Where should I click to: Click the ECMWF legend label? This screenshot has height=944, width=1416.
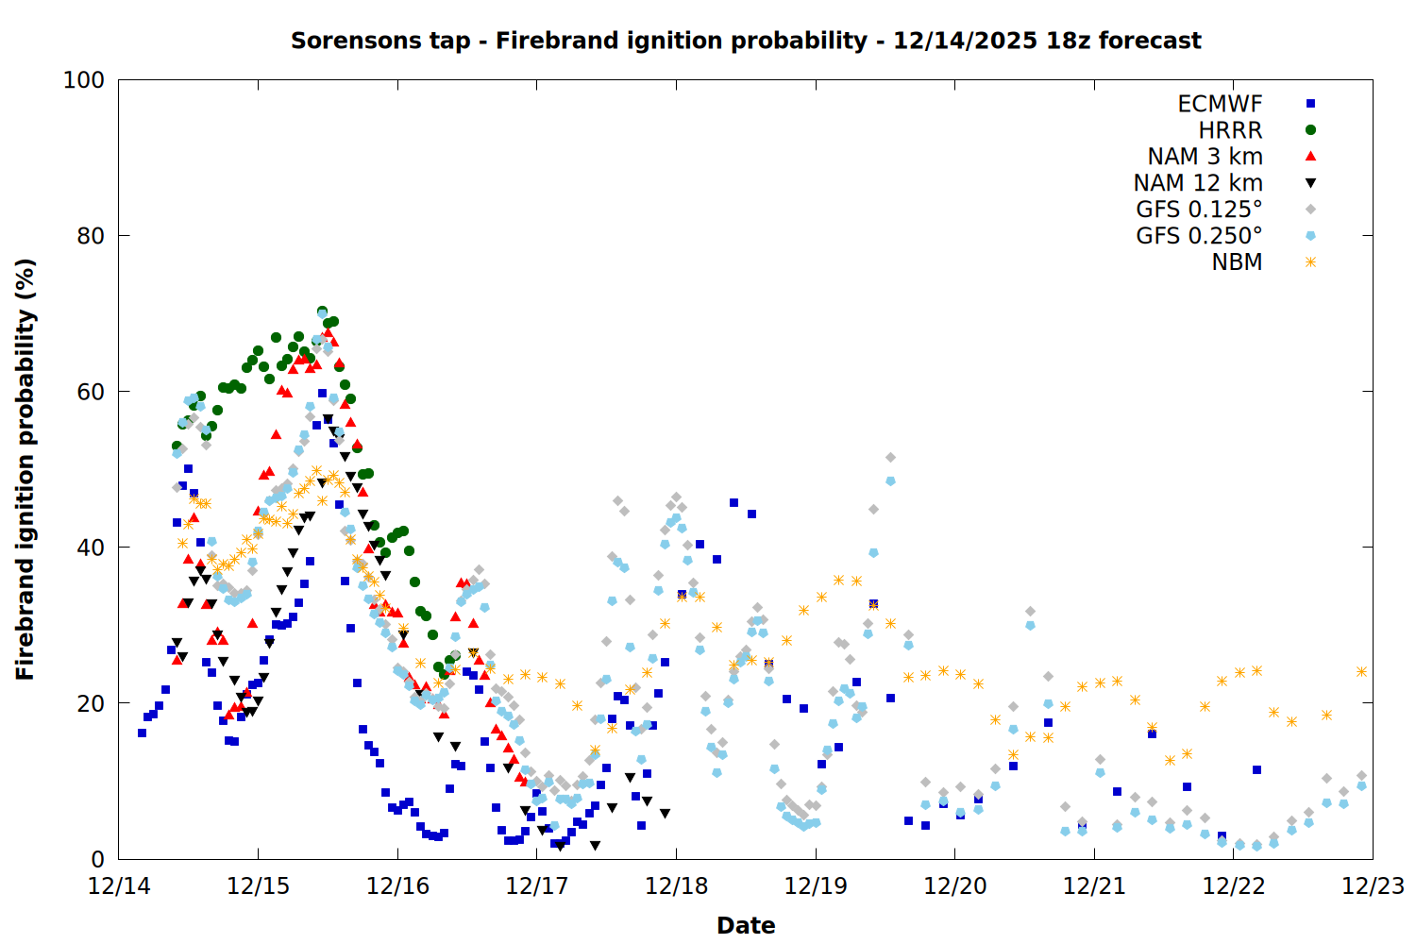click(1220, 104)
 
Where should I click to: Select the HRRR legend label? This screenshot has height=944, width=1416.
click(1230, 130)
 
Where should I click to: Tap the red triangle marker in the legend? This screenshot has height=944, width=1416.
click(1310, 156)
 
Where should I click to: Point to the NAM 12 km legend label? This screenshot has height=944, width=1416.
click(1198, 183)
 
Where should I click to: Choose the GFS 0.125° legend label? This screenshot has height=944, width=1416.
click(1199, 210)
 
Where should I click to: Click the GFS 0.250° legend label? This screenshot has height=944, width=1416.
click(1199, 236)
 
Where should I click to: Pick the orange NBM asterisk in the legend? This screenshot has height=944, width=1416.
click(1310, 262)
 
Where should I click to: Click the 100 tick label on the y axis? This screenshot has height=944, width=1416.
click(84, 80)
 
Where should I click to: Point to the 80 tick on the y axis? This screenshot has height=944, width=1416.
click(91, 236)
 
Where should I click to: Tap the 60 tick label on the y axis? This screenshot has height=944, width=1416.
click(91, 392)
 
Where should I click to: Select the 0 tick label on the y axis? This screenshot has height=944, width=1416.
click(97, 859)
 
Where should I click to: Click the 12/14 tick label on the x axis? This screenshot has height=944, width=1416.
click(119, 886)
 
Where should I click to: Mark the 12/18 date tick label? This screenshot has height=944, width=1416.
click(676, 886)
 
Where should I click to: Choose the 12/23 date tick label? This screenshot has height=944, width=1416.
click(1373, 886)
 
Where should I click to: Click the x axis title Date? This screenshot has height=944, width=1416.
click(746, 925)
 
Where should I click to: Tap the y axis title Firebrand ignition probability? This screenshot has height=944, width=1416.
click(25, 469)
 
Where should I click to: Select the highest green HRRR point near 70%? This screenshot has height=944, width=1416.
click(322, 312)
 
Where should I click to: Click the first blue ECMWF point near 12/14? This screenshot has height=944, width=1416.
click(142, 733)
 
